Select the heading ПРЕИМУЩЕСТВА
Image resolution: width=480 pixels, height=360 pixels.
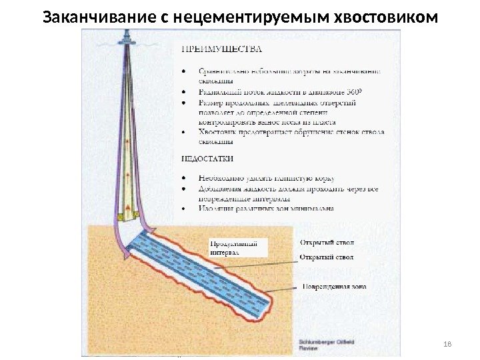pos(221,49)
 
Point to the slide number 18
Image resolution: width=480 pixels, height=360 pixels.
pos(447,343)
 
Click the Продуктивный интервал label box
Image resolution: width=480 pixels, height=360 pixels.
pos(238,248)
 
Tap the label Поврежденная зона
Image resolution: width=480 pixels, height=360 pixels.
pos(333,287)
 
